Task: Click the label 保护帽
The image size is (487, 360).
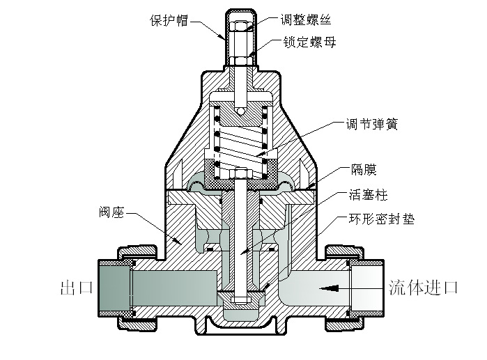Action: point(169,19)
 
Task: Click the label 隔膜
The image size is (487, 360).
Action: point(359,169)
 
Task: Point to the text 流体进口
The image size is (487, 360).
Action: point(423,286)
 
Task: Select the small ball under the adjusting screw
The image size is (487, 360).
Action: point(240,111)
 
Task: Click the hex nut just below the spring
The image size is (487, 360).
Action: point(240,171)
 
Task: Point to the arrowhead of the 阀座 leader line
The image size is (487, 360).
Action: point(183,244)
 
